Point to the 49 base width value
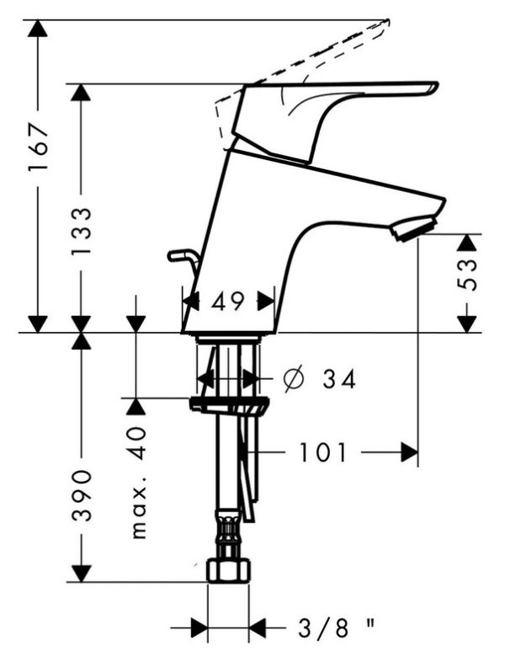click(x=228, y=301)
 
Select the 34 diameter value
click(x=338, y=380)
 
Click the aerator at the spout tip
click(x=414, y=228)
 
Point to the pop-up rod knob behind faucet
click(x=178, y=253)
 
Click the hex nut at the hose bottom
click(x=228, y=570)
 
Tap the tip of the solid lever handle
click(x=433, y=86)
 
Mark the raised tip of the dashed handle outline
click(x=387, y=21)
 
